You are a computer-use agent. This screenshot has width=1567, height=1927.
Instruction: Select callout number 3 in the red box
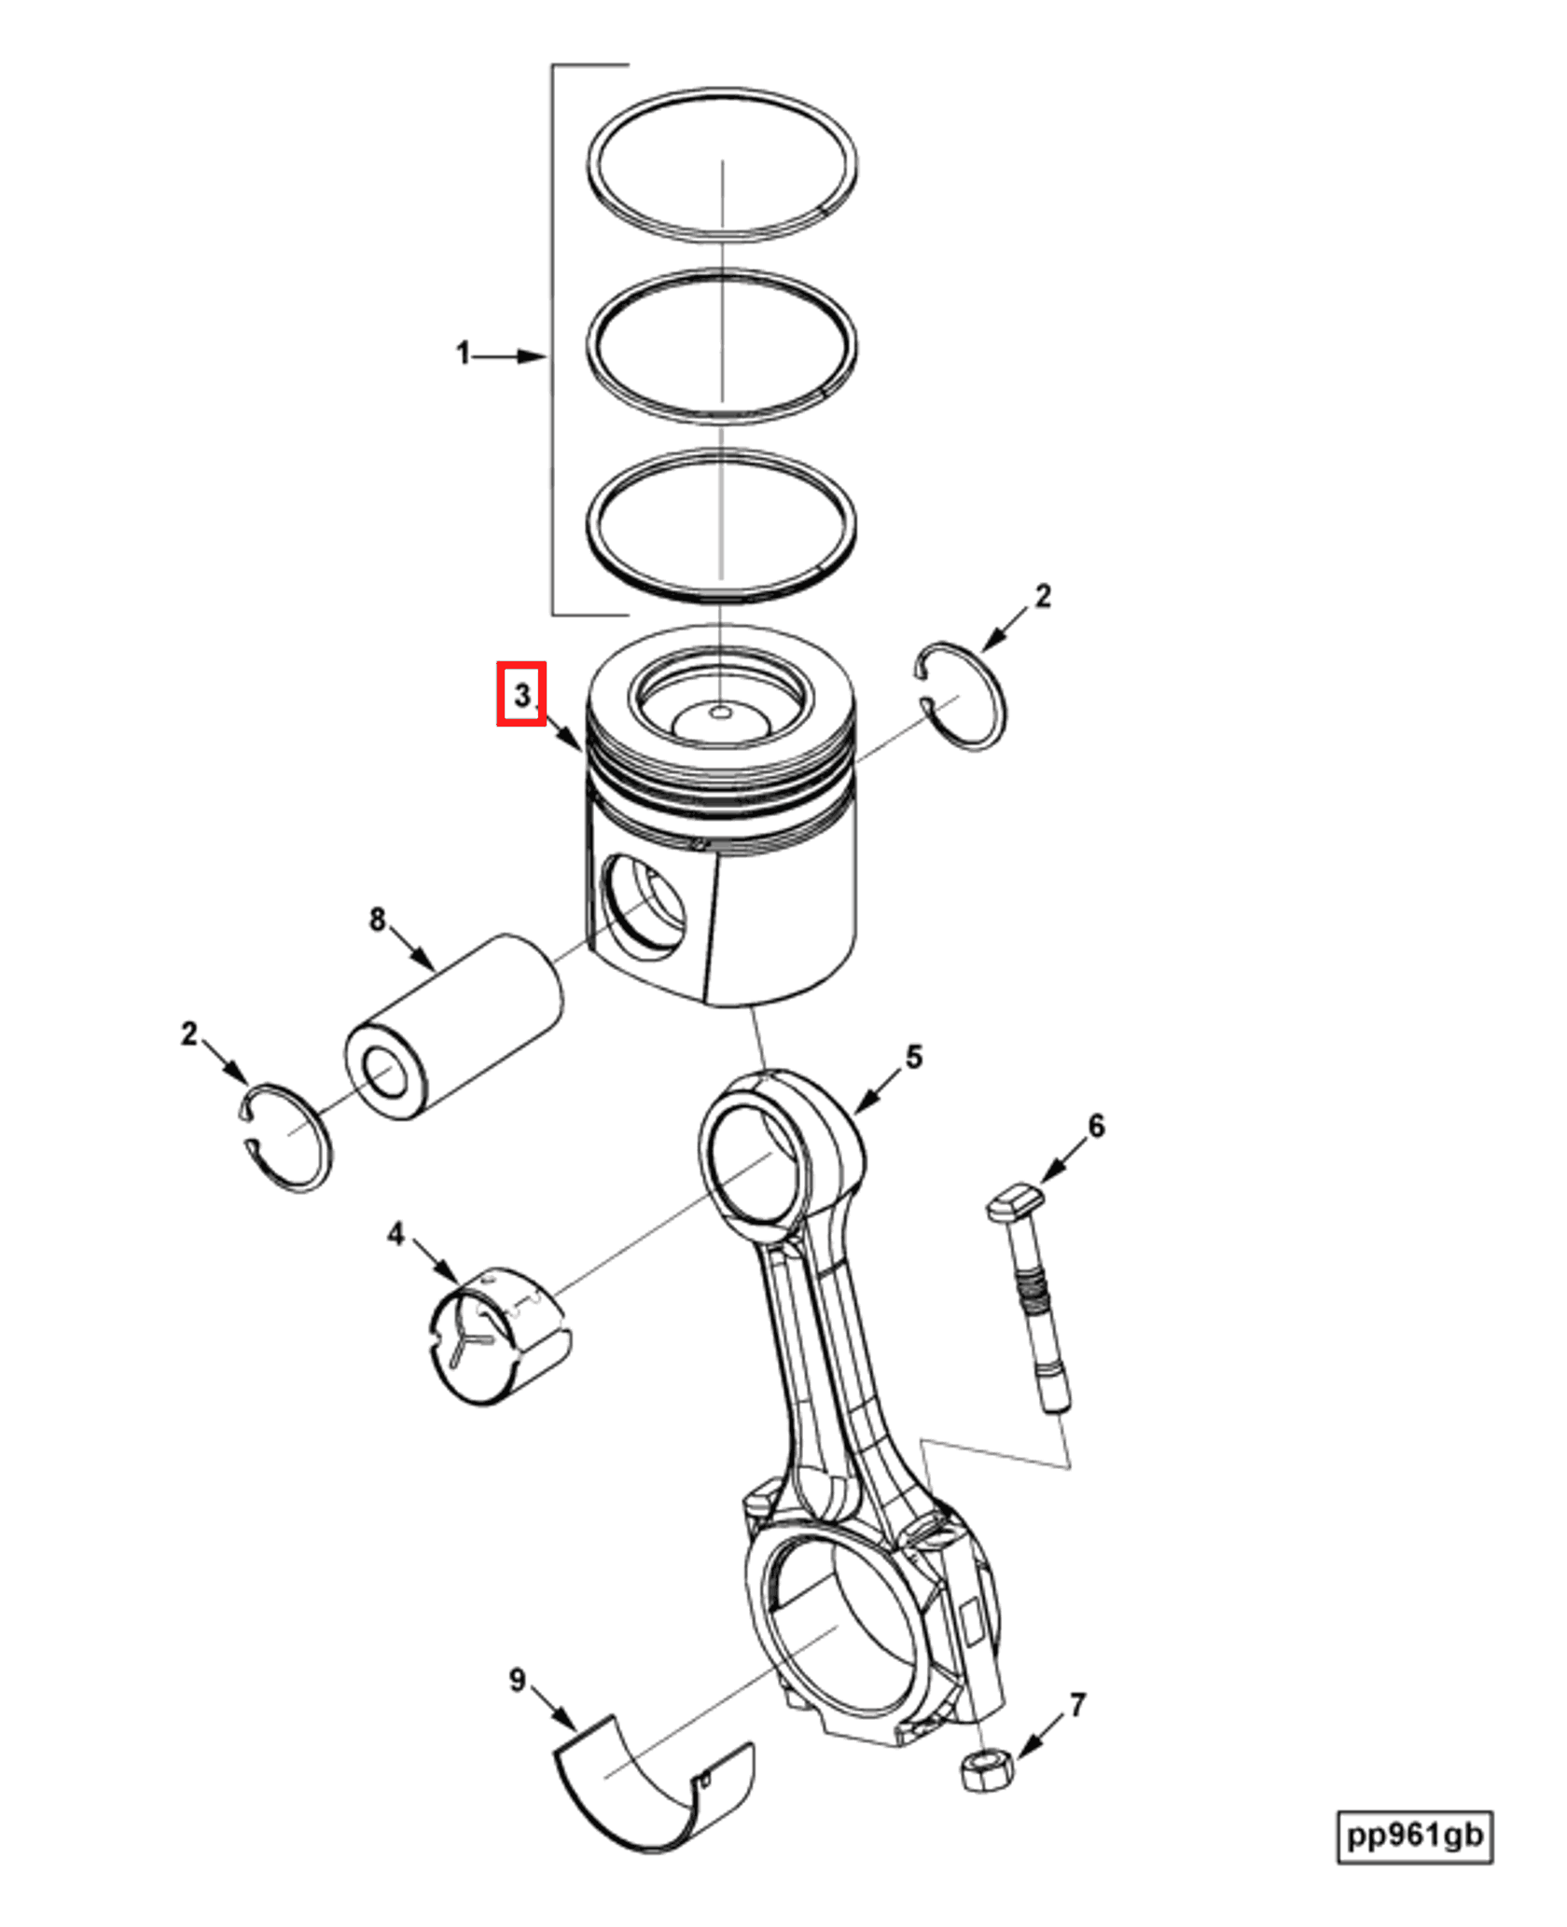tap(521, 695)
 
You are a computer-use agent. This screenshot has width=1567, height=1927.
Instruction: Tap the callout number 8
tap(377, 920)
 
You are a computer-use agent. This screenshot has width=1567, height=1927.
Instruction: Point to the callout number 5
tap(914, 1058)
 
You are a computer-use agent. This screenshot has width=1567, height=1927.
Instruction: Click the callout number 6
tap(1097, 1126)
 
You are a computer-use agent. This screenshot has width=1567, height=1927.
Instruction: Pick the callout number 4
tap(395, 1235)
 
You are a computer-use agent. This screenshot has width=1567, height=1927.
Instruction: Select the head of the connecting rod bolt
tap(1015, 1199)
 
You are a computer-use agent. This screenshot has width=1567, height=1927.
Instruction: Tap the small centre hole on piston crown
tap(721, 713)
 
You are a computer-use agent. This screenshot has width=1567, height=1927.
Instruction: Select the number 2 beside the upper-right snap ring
tap(1043, 596)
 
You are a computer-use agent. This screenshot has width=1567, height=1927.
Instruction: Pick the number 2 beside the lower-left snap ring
tap(189, 1033)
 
